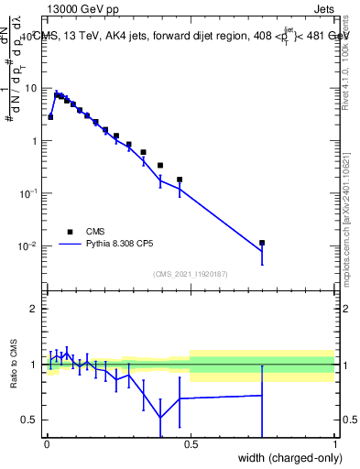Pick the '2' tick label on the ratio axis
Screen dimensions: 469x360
tap(35, 309)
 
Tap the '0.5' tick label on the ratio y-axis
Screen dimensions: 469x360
tap(31, 420)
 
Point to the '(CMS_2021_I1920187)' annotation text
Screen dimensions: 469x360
tap(190, 274)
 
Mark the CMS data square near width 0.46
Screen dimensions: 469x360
tap(180, 180)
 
